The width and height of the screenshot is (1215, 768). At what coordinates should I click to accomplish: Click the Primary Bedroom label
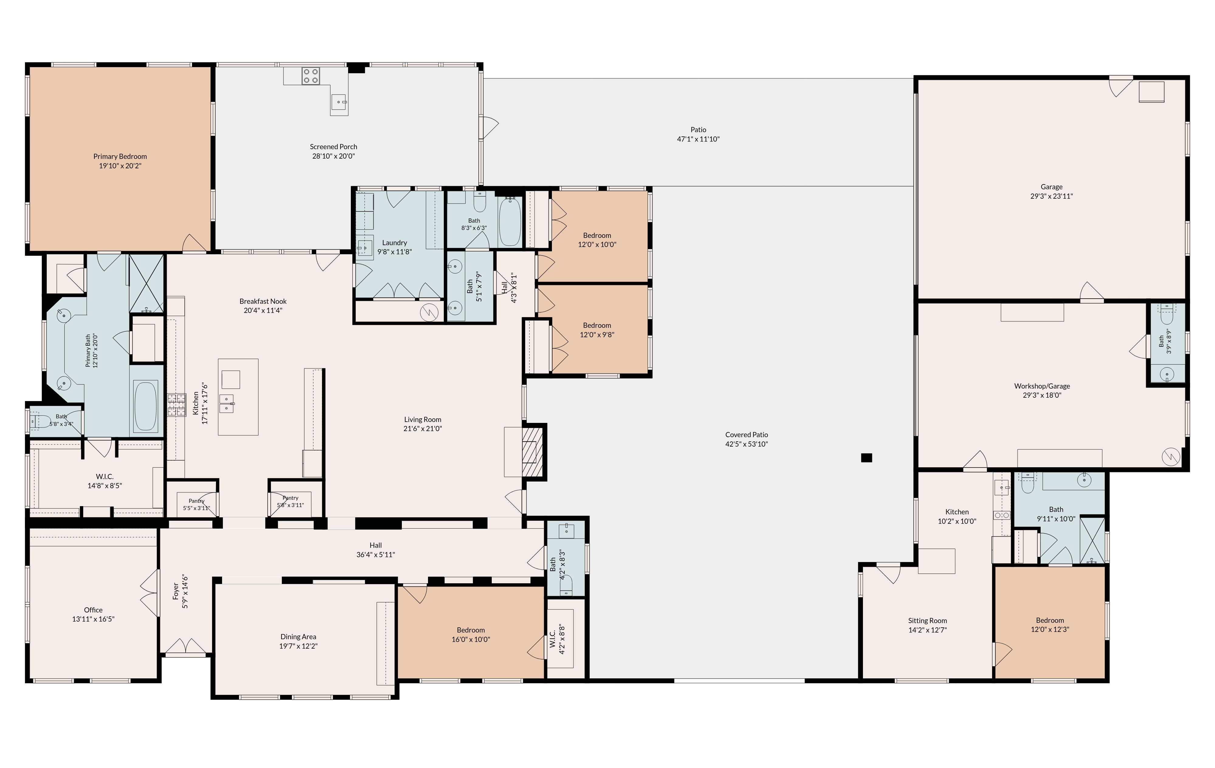120,156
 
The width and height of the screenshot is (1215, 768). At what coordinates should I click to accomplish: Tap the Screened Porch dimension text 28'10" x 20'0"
334,156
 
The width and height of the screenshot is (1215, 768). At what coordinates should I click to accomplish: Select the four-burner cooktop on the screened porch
310,76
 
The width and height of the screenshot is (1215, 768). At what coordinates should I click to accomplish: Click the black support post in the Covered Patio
866,458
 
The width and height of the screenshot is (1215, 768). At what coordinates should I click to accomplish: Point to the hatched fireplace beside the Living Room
532,452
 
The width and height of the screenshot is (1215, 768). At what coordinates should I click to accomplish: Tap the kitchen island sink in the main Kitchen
227,404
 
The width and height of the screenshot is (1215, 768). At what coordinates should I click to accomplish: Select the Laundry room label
395,243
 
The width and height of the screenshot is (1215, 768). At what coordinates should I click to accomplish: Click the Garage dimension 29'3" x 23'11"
1052,196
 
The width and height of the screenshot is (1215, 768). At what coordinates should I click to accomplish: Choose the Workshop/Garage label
1042,386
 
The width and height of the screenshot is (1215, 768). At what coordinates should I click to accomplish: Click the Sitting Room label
927,621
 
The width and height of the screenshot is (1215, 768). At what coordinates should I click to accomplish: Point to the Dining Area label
298,637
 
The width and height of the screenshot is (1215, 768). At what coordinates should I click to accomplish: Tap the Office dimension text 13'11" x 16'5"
93,619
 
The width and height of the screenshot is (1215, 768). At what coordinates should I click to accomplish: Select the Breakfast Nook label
263,301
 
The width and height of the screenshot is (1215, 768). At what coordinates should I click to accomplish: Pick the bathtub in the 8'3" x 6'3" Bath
510,222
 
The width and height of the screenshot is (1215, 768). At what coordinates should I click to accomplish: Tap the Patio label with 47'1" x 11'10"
698,130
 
